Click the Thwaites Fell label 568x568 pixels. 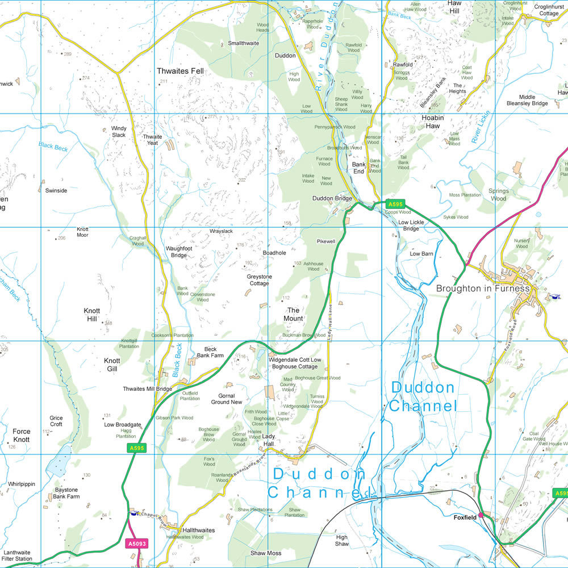pyautogui.click(x=180, y=71)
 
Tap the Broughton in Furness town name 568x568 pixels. pyautogui.click(x=482, y=289)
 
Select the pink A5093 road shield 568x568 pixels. pyautogui.click(x=135, y=544)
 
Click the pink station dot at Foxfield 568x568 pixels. pyautogui.click(x=481, y=515)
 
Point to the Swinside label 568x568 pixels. pyautogui.click(x=56, y=191)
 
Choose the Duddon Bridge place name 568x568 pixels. pyautogui.click(x=332, y=199)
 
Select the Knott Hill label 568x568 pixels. pyautogui.click(x=92, y=315)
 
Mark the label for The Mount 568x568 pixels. pyautogui.click(x=294, y=314)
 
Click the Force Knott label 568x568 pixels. pyautogui.click(x=21, y=435)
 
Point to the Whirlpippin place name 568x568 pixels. pyautogui.click(x=22, y=485)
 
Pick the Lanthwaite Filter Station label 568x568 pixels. pyautogui.click(x=18, y=555)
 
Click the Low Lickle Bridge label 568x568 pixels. pyautogui.click(x=411, y=225)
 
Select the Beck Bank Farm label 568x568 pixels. pyautogui.click(x=210, y=352)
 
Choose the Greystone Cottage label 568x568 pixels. pyautogui.click(x=259, y=280)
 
